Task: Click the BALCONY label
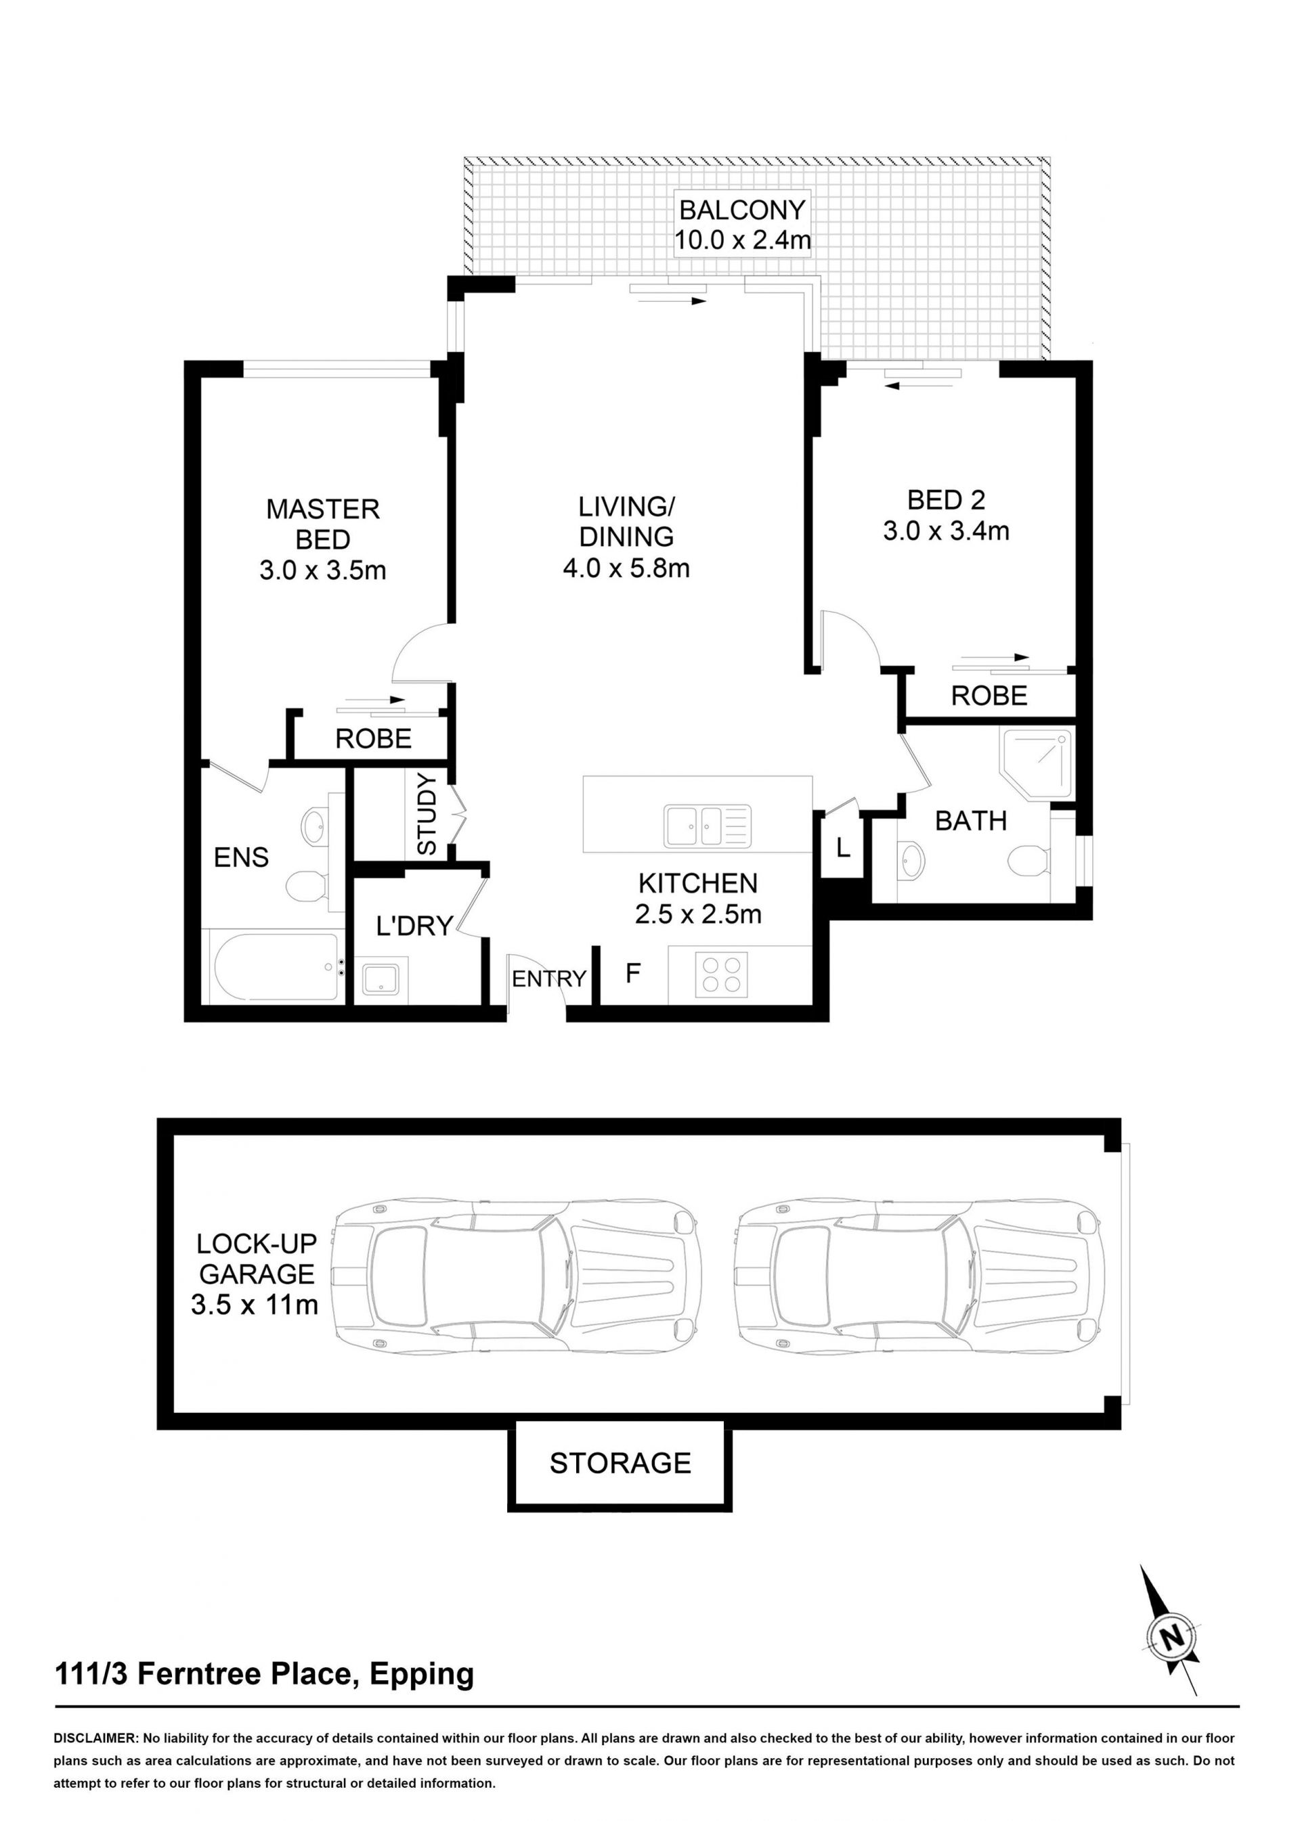click(x=742, y=210)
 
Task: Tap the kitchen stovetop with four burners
click(x=721, y=974)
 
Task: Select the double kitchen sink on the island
click(x=707, y=826)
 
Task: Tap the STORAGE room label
click(x=620, y=1462)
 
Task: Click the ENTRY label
click(x=549, y=979)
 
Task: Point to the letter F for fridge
click(x=632, y=974)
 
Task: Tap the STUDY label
click(x=427, y=813)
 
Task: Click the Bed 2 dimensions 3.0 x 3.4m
click(x=946, y=531)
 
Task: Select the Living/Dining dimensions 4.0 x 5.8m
click(x=626, y=568)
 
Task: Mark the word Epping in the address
click(x=422, y=1673)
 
